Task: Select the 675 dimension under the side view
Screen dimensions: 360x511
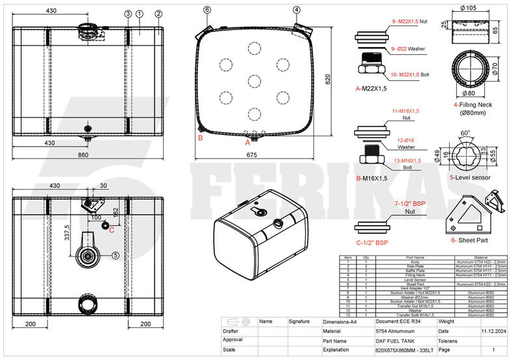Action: (x=252, y=155)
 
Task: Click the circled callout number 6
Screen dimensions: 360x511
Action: (x=207, y=10)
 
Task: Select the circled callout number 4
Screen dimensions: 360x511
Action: (x=297, y=10)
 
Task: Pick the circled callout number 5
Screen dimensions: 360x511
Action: (x=115, y=255)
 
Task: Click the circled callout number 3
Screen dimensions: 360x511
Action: (x=128, y=13)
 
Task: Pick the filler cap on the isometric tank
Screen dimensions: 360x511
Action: (x=260, y=213)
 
